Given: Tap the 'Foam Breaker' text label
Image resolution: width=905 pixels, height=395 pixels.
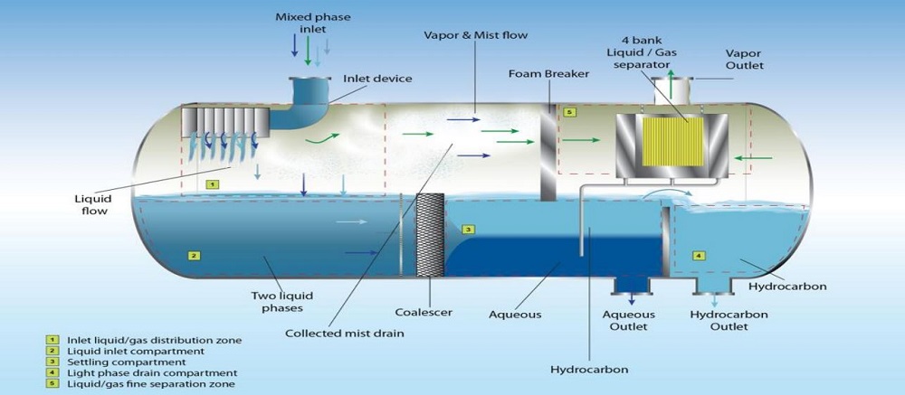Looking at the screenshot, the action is (549, 74).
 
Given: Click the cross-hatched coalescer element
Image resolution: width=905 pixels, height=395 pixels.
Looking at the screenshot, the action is (430, 235).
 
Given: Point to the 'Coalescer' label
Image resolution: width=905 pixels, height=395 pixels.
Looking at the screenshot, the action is (424, 313).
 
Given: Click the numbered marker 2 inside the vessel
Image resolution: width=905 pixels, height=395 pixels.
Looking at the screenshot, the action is (195, 255).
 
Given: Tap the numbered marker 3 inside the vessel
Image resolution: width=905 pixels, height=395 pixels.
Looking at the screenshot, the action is (469, 230).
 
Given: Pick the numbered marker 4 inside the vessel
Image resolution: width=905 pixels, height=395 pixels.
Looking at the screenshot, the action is (698, 255).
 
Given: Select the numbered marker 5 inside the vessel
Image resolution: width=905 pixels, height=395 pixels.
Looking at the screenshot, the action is (568, 113).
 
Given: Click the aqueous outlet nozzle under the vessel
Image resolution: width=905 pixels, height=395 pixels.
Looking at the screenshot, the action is (632, 285).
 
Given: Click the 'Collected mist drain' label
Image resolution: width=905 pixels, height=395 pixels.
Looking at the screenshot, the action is (345, 334).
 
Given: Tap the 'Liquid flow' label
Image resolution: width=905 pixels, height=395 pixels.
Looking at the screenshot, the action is (91, 205).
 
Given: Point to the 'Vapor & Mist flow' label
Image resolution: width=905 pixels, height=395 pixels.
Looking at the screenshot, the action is (476, 35).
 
